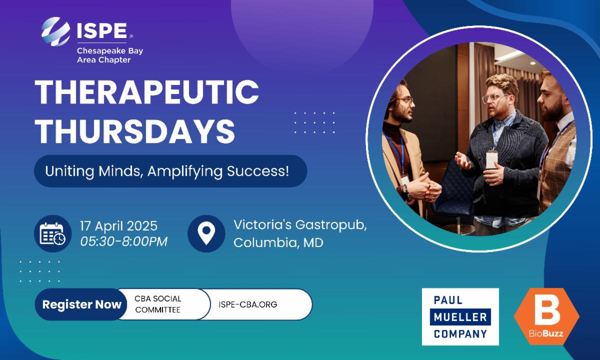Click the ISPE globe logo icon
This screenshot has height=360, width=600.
[55, 31]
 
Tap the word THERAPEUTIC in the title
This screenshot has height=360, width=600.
[147, 92]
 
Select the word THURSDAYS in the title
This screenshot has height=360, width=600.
[135, 131]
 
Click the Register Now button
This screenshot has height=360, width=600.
[81, 304]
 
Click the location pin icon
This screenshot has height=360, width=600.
[206, 233]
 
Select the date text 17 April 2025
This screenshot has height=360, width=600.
[118, 226]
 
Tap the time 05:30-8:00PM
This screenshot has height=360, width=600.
[124, 241]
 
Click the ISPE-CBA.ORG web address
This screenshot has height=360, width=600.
[248, 304]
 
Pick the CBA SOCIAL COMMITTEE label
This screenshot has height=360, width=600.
[158, 304]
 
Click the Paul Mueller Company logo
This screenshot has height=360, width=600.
[460, 316]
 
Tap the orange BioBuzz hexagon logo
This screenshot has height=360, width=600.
[546, 316]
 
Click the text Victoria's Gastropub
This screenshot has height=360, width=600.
[300, 225]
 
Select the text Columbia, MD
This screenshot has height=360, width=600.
[278, 242]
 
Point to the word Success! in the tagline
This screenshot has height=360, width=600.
[258, 171]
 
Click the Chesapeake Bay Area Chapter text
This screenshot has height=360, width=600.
[110, 55]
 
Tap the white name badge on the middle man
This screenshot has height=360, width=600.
[491, 160]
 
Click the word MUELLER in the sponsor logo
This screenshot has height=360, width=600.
[460, 317]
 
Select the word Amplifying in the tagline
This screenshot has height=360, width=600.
[185, 171]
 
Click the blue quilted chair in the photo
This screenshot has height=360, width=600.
[455, 190]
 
